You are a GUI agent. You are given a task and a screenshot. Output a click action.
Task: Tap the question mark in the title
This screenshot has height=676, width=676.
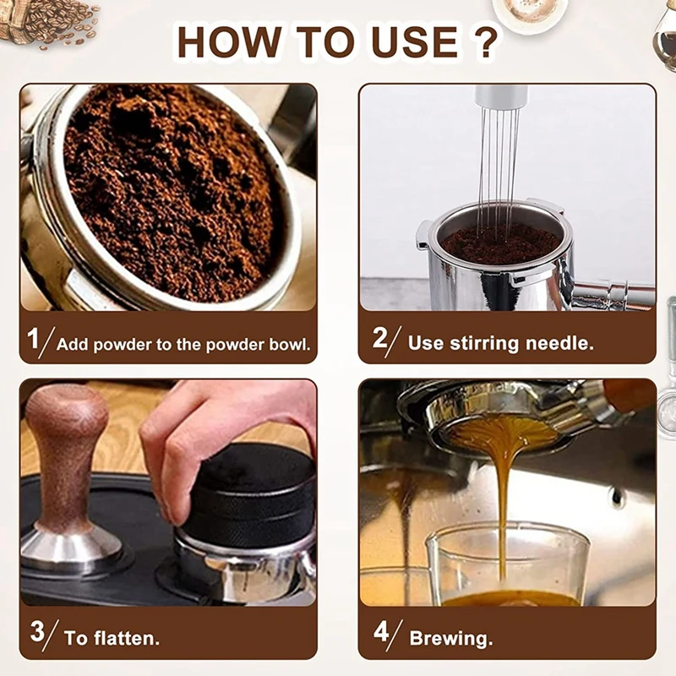pos(486,41)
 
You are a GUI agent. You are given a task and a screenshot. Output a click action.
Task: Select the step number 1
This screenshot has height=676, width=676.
pos(33,338)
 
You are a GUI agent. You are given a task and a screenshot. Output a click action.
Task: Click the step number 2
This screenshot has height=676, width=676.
pos(380,337)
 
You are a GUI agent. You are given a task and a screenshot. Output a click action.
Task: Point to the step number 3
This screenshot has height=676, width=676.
pos(37,631)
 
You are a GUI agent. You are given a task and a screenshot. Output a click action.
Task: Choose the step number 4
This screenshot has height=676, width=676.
pos(382,631)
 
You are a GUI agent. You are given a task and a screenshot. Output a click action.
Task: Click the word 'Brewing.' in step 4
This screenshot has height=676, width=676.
pos(451,639)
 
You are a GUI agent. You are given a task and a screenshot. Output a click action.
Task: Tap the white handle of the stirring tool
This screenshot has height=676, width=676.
pos(501,96)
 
